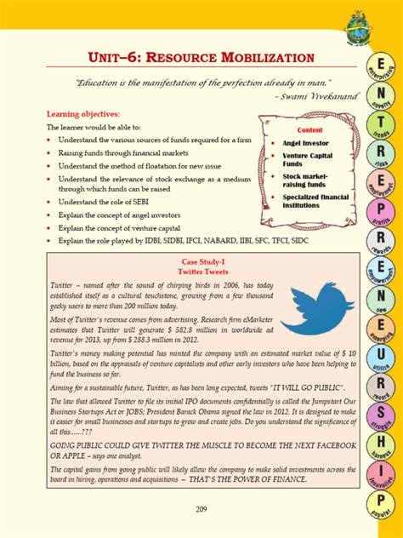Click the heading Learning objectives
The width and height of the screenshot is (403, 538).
coord(83,113)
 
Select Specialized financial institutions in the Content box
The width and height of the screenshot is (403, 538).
coord(315,201)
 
